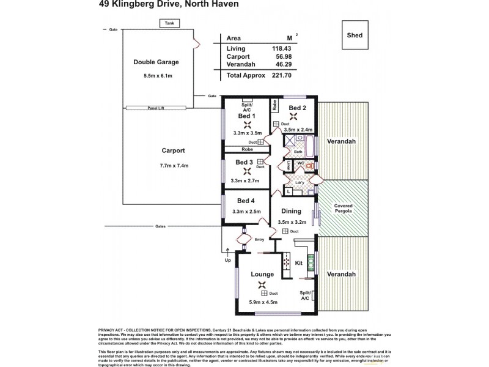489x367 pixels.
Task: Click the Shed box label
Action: [355, 35]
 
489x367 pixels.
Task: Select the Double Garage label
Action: [156, 62]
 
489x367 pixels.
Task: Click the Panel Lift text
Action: [156, 108]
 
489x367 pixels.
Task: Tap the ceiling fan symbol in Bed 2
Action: [294, 117]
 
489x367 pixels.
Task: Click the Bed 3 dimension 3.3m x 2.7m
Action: [246, 180]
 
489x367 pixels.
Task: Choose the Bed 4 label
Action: [246, 201]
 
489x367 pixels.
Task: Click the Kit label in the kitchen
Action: [300, 263]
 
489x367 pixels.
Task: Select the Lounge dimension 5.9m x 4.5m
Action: [263, 302]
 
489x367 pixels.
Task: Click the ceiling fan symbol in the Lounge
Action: [263, 284]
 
